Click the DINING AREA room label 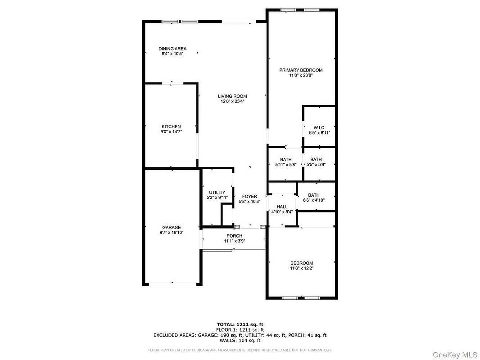pyautogui.click(x=172, y=49)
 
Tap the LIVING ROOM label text pyautogui.click(x=232, y=96)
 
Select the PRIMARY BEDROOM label pyautogui.click(x=301, y=70)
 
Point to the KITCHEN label pyautogui.click(x=171, y=126)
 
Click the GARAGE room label pyautogui.click(x=172, y=228)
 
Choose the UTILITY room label pyautogui.click(x=217, y=193)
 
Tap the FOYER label pyautogui.click(x=249, y=196)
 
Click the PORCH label pyautogui.click(x=235, y=236)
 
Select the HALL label pyautogui.click(x=282, y=207)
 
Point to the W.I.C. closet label pyautogui.click(x=320, y=127)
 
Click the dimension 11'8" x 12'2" pyautogui.click(x=302, y=268)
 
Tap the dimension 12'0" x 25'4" pyautogui.click(x=232, y=101)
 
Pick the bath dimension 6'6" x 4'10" pyautogui.click(x=314, y=200)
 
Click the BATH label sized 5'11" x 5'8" pyautogui.click(x=285, y=159)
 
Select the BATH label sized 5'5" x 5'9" pyautogui.click(x=316, y=159)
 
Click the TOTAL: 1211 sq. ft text pyautogui.click(x=240, y=324)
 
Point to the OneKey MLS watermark pyautogui.click(x=455, y=355)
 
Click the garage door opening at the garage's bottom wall pyautogui.click(x=172, y=284)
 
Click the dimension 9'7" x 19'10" pyautogui.click(x=172, y=233)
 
